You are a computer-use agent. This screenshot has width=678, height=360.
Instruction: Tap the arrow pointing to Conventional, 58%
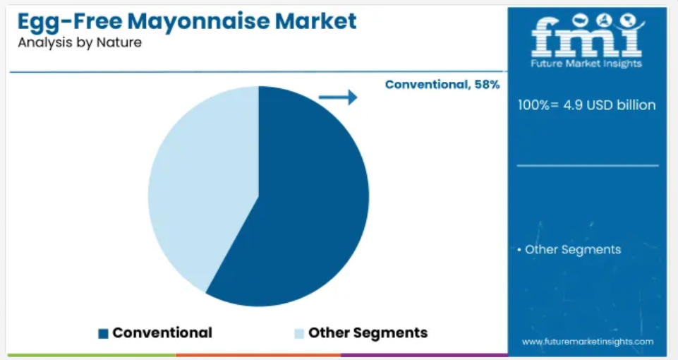click(338, 97)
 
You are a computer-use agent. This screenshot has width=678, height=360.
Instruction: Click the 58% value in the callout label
click(487, 85)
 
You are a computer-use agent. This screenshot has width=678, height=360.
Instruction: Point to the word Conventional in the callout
click(426, 85)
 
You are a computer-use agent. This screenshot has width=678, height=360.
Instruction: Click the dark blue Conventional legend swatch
click(103, 333)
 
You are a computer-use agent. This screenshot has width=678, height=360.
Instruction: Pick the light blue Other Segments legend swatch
click(299, 333)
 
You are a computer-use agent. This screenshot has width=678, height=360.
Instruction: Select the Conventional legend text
click(162, 332)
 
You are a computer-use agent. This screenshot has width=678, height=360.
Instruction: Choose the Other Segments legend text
click(368, 332)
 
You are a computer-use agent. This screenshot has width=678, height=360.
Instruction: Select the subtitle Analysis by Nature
click(80, 42)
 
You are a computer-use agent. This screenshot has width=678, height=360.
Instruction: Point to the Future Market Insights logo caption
click(586, 64)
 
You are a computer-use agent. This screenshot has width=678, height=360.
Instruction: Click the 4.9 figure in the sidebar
click(572, 104)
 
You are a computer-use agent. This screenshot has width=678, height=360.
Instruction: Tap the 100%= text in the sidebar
click(538, 104)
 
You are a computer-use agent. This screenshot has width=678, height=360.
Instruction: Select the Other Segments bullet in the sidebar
click(569, 250)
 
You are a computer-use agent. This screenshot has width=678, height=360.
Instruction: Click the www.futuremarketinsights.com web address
click(588, 342)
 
